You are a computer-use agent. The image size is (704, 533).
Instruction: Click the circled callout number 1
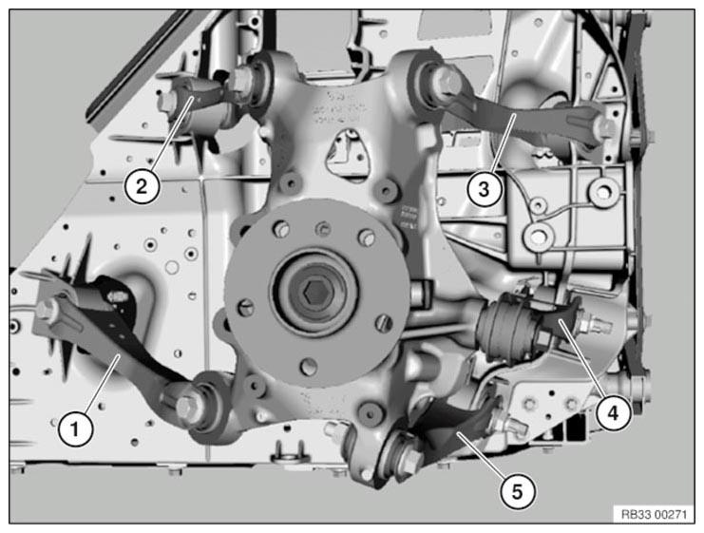click(x=75, y=428)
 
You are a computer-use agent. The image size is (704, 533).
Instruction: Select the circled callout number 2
click(x=142, y=185)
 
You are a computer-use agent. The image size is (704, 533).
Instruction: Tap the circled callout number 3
click(x=484, y=189)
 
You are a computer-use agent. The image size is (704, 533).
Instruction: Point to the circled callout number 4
click(x=614, y=412)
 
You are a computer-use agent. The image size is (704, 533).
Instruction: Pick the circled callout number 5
click(x=518, y=492)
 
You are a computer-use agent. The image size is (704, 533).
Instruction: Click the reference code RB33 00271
click(x=655, y=514)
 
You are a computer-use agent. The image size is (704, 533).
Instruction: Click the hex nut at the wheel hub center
click(x=313, y=294)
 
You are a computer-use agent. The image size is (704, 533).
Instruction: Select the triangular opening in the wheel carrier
click(x=349, y=153)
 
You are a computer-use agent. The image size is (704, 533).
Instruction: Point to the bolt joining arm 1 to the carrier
click(x=185, y=408)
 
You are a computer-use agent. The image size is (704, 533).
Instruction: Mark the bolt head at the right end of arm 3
click(x=606, y=127)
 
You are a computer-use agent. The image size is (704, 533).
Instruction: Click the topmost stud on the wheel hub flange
click(x=321, y=229)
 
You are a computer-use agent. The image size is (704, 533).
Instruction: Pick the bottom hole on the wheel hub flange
click(x=308, y=367)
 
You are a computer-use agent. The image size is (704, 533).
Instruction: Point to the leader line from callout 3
click(x=503, y=143)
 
